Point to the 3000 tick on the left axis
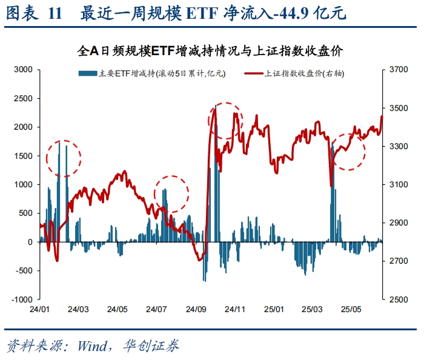click(22, 70)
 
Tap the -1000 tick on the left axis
click(21, 299)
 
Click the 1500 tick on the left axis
click(22, 156)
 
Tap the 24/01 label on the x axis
click(39, 310)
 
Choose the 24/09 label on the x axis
click(196, 310)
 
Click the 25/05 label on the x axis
click(353, 310)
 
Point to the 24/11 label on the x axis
click(235, 310)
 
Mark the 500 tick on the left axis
click(25, 213)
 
